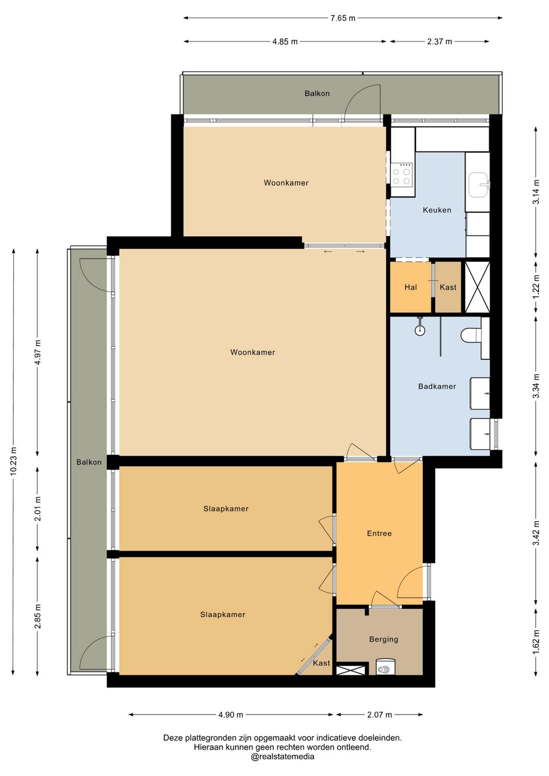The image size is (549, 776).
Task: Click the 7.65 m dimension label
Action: tap(343, 18)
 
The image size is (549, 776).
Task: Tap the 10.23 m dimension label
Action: tap(14, 461)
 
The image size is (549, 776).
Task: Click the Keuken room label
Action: tap(437, 210)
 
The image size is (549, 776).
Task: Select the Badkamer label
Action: tap(437, 386)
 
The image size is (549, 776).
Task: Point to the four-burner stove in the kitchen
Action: tap(402, 176)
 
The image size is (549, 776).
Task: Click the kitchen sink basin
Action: tap(479, 185)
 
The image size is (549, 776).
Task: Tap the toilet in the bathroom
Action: tap(471, 335)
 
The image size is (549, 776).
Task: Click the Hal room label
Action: tap(410, 287)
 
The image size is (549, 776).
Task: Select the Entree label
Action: tap(379, 533)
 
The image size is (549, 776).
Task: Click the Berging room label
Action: tap(383, 639)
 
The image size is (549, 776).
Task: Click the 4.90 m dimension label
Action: tap(231, 714)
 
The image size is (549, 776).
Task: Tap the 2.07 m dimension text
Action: tap(379, 714)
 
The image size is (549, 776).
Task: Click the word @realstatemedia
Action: tap(282, 757)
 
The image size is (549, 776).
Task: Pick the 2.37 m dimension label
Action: tap(439, 42)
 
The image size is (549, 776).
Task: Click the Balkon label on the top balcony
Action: tap(317, 94)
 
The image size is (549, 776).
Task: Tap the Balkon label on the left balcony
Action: tap(89, 462)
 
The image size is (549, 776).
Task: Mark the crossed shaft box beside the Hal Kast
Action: tap(477, 287)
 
